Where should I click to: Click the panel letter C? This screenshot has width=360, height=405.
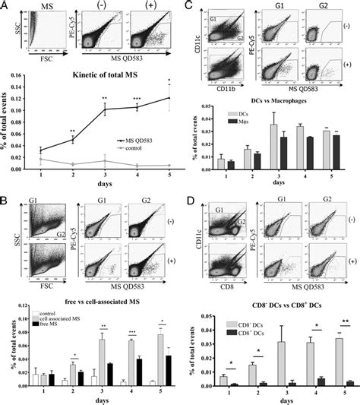coord(188,6)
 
